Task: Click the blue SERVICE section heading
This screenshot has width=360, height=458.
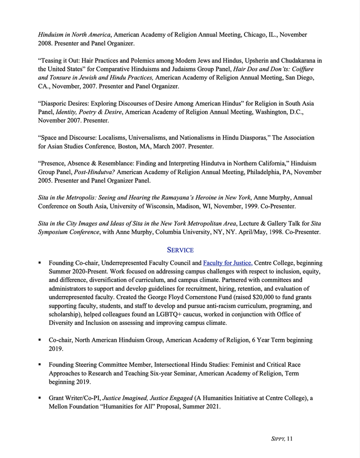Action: (x=180, y=250)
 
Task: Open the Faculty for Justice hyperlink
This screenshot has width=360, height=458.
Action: (x=228, y=263)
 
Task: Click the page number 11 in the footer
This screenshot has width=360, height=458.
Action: (x=289, y=439)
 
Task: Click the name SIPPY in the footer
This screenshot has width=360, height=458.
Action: (x=275, y=439)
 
